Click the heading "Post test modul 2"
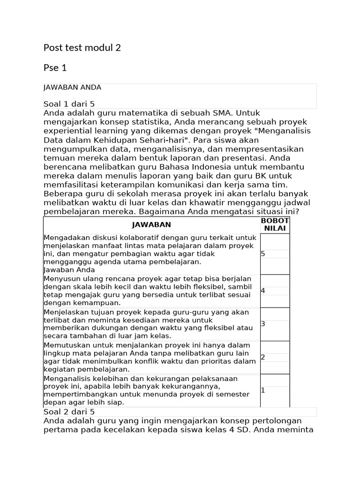(x=82, y=47)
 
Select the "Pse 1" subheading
(x=55, y=68)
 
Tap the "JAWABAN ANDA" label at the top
(x=72, y=87)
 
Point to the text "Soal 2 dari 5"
(x=69, y=412)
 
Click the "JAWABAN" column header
(x=151, y=225)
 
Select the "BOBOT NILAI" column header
(x=275, y=225)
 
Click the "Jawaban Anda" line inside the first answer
(x=69, y=270)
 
